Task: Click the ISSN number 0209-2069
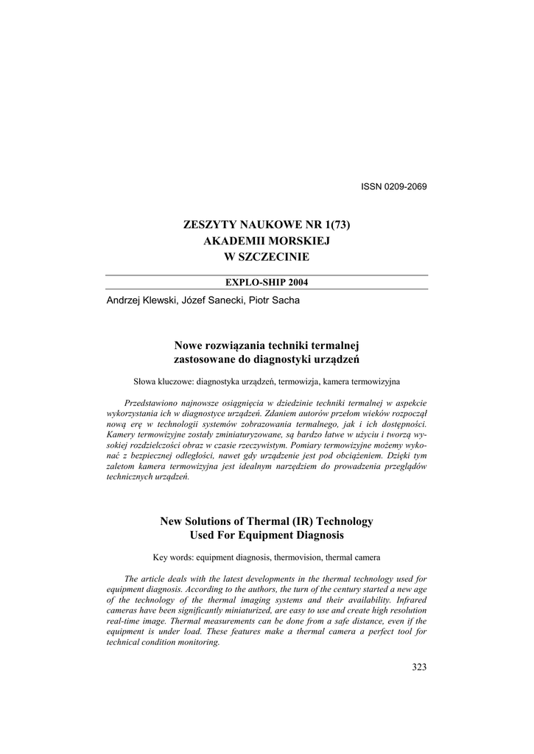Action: point(404,186)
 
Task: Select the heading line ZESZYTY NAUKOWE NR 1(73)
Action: point(267,224)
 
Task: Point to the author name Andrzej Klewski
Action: point(137,300)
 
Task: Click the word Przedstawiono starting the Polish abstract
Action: point(153,403)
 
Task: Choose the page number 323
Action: point(419,667)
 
